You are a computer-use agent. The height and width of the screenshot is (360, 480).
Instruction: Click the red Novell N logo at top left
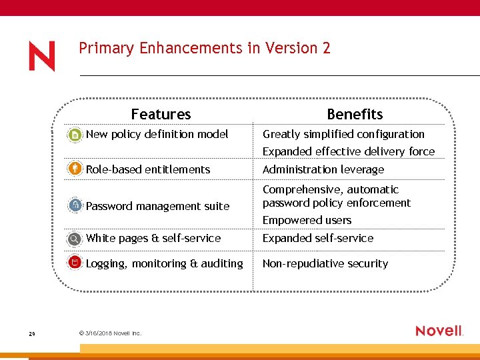pos(41,56)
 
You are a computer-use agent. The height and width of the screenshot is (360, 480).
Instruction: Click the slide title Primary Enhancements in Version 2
pos(204,48)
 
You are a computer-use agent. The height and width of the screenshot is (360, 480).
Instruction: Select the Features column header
pos(161,114)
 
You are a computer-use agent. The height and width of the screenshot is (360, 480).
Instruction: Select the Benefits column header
pos(355,114)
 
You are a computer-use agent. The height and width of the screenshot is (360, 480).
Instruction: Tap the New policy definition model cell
pos(157,134)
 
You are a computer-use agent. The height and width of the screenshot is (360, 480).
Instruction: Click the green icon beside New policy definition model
pos(75,135)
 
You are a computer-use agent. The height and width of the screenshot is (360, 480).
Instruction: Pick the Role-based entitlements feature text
pos(148,169)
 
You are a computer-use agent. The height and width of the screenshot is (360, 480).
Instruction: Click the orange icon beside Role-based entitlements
pos(75,169)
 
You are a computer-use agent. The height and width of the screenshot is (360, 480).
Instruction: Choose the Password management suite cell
pos(157,206)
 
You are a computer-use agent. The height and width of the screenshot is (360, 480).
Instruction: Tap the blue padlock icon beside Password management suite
pos(75,205)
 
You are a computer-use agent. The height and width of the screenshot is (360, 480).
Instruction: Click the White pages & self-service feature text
pos(153,238)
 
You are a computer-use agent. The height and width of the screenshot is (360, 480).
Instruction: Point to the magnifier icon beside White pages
pos(75,239)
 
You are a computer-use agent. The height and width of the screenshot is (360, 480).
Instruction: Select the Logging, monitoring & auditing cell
pos(164,263)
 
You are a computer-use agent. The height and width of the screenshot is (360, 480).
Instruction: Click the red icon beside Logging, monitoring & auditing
pos(75,263)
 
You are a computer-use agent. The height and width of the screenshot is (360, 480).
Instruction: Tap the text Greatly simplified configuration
pos(343,134)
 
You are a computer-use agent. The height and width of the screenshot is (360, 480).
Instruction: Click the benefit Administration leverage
pos(323,169)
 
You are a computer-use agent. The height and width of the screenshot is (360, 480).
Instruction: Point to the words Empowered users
pos(307,220)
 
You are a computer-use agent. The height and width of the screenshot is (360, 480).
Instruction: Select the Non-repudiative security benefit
pos(325,263)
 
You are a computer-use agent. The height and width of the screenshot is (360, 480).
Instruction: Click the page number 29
pos(32,334)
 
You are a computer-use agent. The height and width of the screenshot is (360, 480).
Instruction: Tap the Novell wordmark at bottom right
pos(439,331)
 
